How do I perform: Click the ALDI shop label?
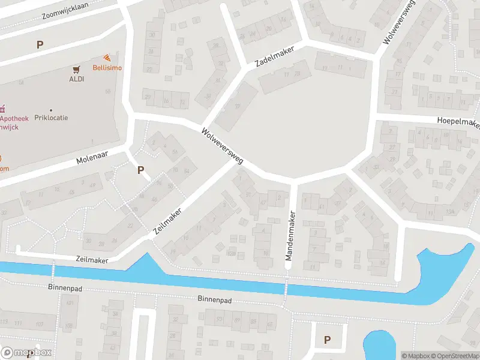tap(76, 79)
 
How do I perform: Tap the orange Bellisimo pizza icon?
tap(106, 58)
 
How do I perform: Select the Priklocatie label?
tap(51, 118)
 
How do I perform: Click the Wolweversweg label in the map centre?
tap(222, 146)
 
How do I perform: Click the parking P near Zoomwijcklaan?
tap(40, 44)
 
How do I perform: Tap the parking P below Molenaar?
tap(140, 170)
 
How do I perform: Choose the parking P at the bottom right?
tap(327, 340)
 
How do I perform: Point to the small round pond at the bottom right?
tap(379, 346)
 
